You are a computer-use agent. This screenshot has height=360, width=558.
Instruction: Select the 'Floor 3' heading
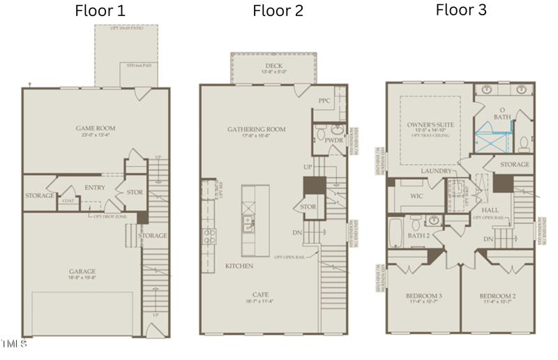pyautogui.click(x=461, y=10)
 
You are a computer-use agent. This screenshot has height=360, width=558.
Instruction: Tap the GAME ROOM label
pyautogui.click(x=96, y=128)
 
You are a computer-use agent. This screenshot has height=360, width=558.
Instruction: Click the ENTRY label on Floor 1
pyautogui.click(x=94, y=187)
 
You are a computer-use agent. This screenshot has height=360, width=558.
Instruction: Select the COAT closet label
pyautogui.click(x=68, y=201)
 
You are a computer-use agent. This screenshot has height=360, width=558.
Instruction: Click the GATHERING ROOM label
pyautogui.click(x=257, y=129)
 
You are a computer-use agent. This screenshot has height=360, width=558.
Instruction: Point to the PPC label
pyautogui.click(x=324, y=100)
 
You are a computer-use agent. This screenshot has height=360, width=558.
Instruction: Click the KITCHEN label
pyautogui.click(x=239, y=267)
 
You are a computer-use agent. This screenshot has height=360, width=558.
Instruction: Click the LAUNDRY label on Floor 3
pyautogui.click(x=436, y=171)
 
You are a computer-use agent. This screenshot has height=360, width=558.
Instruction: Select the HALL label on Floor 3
pyautogui.click(x=491, y=209)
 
